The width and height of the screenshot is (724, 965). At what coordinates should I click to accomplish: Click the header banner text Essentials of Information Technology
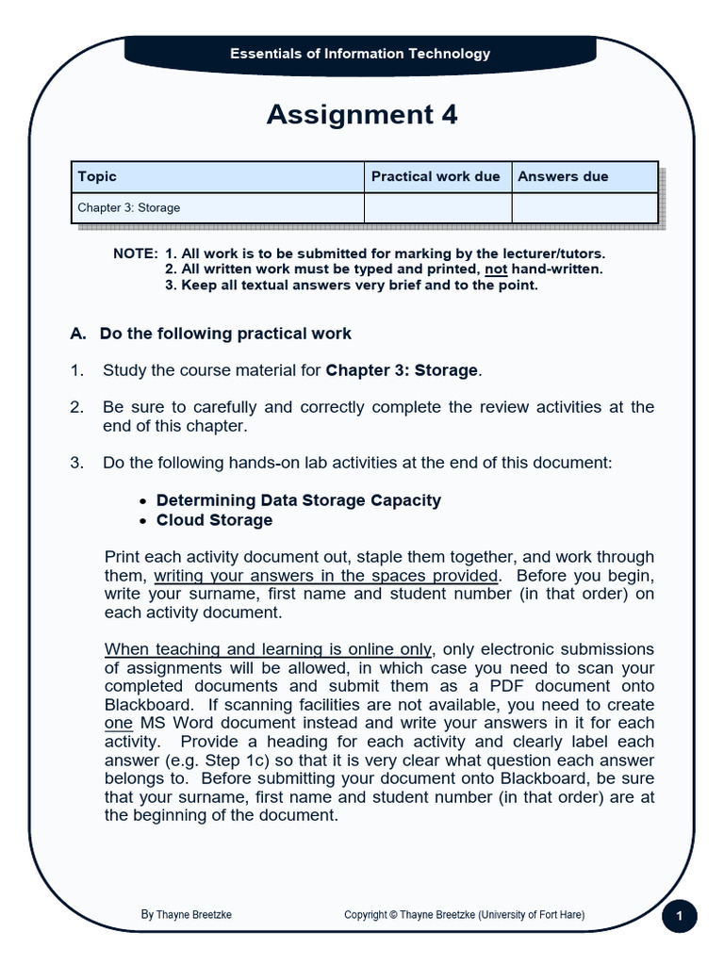(360, 54)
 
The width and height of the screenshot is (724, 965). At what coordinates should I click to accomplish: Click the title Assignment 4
(362, 114)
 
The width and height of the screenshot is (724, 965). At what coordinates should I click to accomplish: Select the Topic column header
(97, 176)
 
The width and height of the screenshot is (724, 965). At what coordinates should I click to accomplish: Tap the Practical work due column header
(436, 176)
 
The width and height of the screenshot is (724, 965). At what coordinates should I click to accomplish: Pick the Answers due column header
(563, 176)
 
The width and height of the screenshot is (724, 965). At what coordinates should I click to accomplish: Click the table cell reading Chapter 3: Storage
(128, 207)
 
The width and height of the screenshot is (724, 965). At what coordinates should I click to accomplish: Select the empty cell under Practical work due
(437, 207)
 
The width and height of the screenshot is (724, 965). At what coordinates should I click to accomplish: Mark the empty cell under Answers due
(584, 207)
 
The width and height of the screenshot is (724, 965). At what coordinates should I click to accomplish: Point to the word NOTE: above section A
(135, 254)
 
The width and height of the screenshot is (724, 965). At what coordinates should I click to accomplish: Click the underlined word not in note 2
(496, 269)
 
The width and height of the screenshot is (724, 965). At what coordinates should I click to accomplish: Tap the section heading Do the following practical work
(225, 333)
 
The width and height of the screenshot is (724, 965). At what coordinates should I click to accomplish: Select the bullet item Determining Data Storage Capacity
(298, 500)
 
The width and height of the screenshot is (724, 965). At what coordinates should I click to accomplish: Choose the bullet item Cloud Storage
(214, 520)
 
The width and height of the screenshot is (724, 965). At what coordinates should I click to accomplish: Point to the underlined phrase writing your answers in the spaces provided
(326, 575)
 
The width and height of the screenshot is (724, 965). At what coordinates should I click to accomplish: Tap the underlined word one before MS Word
(118, 723)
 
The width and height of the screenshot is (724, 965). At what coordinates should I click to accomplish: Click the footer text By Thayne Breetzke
(187, 914)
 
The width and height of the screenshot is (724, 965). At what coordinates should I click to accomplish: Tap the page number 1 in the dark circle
(679, 916)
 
